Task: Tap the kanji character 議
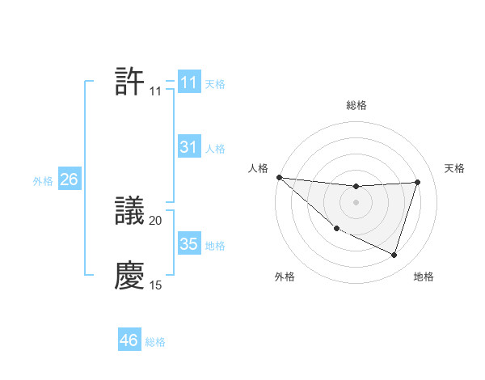pos(130,212)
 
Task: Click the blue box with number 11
pos(188,82)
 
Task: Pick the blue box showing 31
pos(188,147)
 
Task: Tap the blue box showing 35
pos(188,244)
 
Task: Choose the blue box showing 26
pos(69,179)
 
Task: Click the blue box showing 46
pos(129,340)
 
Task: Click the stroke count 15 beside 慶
pos(156,285)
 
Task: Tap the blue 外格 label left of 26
pos(43,181)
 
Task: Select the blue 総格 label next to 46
pos(155,342)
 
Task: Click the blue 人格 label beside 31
pos(215,149)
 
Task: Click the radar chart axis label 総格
pos(356,105)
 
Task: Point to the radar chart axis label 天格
pos(454,168)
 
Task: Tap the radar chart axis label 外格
pos(285,277)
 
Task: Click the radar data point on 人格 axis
pos(279,177)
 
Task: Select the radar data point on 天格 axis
pos(417,183)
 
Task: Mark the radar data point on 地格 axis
pos(394,255)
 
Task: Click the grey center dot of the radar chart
pos(356,202)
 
